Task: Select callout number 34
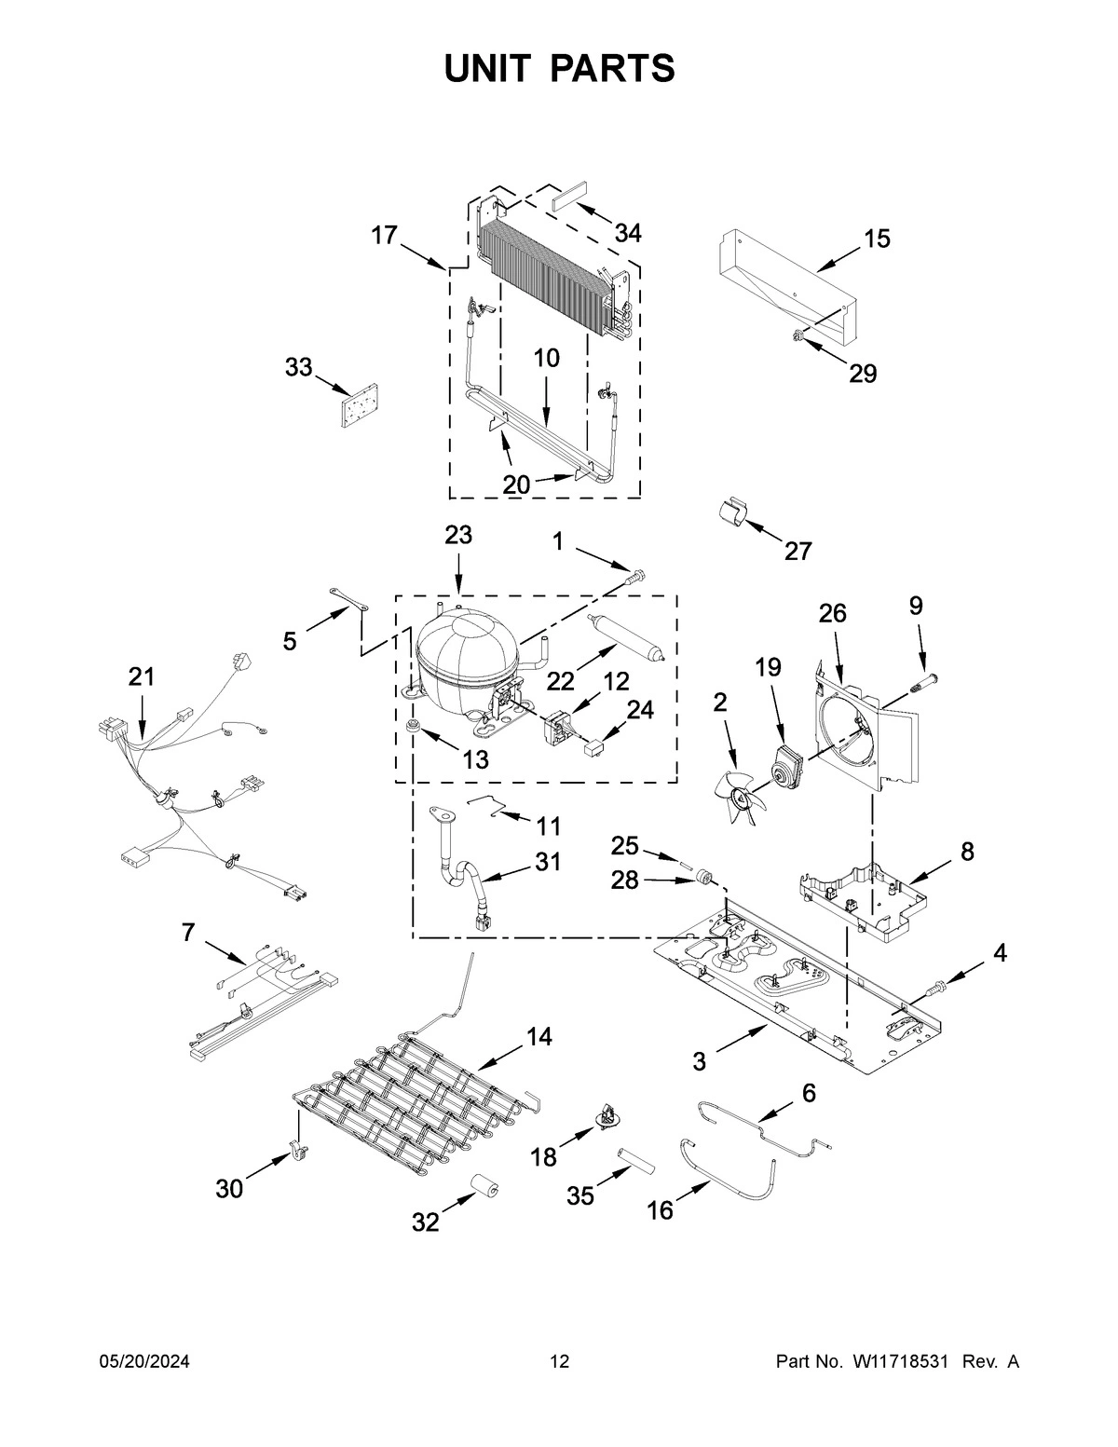pos(628,233)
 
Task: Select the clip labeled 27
pos(733,513)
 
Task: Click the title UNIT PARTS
pos(559,68)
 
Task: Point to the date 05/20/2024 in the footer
pos(144,1362)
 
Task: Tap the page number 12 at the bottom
pos(559,1362)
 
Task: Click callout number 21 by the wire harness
pos(142,677)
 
